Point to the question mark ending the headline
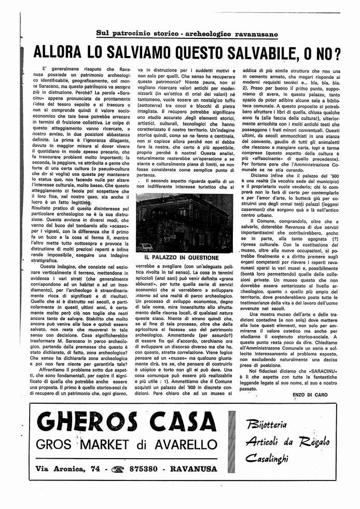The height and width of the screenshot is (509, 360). (337, 53)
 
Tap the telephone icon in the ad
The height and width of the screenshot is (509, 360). (119, 470)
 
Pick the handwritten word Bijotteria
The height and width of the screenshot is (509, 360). (267, 425)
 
